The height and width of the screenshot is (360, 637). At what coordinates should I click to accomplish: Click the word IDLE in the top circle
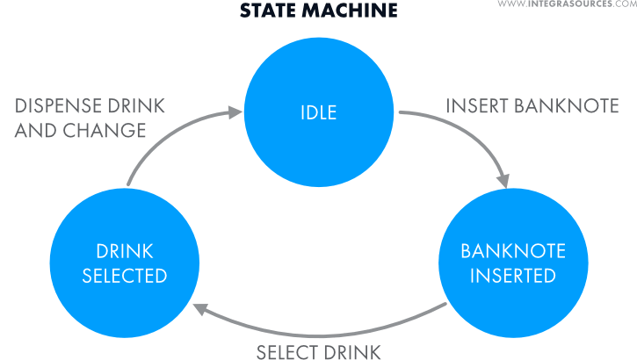318,112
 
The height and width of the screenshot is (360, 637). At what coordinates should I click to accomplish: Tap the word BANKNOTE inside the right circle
501,251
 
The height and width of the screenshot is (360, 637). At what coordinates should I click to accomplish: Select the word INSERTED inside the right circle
501,275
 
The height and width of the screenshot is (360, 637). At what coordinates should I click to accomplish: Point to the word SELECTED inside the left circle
125,276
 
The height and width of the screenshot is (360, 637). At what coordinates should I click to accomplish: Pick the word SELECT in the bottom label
289,353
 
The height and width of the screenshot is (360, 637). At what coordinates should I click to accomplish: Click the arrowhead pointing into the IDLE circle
235,112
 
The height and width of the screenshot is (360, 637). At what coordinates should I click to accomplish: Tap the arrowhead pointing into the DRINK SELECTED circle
199,307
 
